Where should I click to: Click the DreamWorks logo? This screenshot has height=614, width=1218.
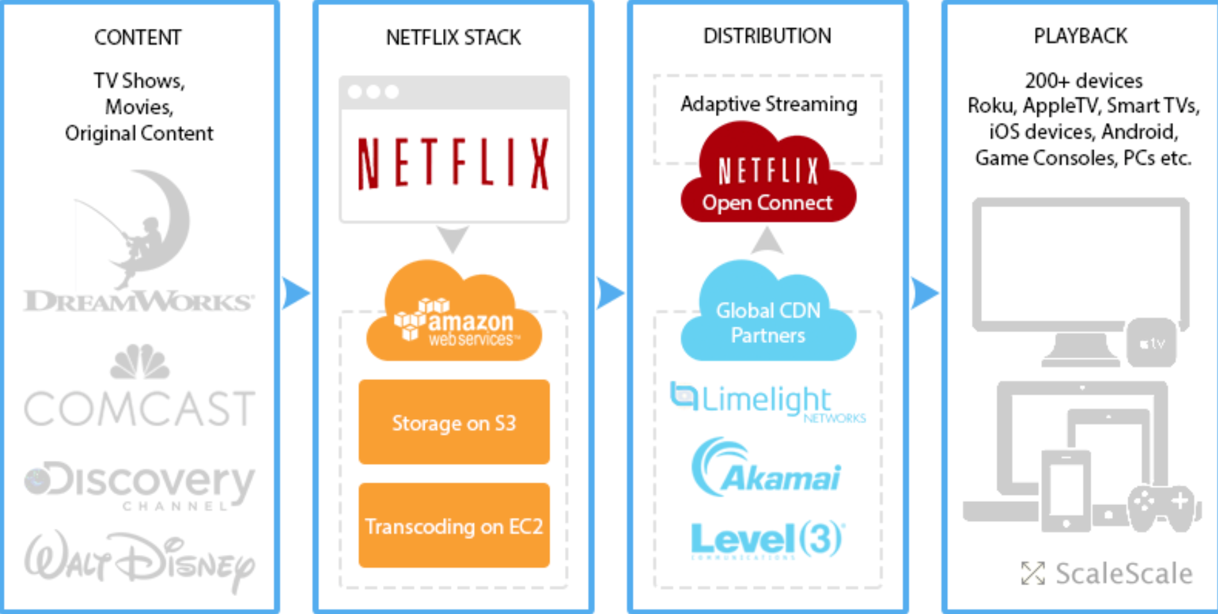[139, 244]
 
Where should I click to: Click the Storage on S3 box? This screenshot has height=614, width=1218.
[453, 422]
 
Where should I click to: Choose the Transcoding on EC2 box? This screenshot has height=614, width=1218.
[453, 525]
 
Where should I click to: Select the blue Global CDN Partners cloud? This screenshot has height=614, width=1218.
[768, 317]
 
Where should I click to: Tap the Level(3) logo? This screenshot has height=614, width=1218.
[767, 539]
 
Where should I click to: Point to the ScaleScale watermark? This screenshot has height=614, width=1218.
[1107, 573]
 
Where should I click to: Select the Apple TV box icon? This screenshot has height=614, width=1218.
[1151, 344]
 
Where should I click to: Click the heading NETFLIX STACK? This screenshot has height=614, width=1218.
[453, 38]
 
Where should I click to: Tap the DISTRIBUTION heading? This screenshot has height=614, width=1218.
[767, 36]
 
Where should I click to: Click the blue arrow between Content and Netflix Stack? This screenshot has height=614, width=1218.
[295, 294]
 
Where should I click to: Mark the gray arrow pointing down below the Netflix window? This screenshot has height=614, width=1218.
[453, 238]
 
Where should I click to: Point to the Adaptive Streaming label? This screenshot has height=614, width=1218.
[768, 104]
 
